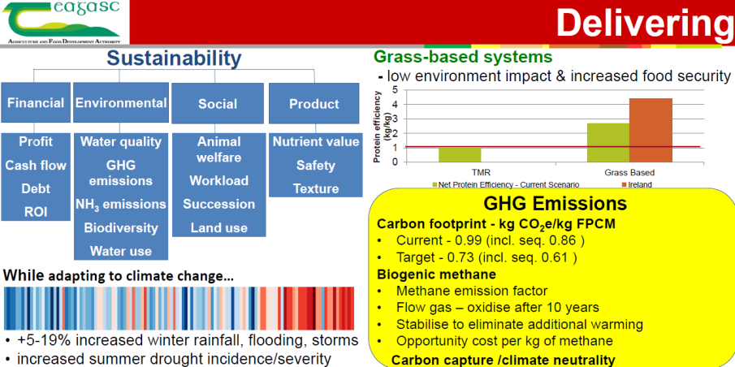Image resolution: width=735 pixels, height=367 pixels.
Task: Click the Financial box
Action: point(36,102)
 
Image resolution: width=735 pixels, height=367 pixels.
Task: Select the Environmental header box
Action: point(121,102)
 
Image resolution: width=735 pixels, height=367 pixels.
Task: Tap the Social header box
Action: point(218,104)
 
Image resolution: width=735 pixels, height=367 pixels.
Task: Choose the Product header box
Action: point(314,104)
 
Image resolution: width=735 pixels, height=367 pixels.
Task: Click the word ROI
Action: point(36,213)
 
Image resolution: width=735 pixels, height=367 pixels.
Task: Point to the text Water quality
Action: point(121,141)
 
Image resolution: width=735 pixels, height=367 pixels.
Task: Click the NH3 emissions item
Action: point(121,205)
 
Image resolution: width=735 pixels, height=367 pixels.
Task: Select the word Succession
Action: point(219,205)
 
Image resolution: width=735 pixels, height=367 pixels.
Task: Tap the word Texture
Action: point(315,189)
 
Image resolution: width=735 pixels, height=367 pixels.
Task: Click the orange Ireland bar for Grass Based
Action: point(651,131)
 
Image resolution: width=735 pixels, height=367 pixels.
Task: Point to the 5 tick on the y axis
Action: point(394,89)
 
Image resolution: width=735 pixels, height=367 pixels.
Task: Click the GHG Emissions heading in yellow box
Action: point(555,205)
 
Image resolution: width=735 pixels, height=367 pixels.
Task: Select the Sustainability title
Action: point(174,59)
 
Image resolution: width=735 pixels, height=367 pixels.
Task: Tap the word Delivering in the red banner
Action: point(645,23)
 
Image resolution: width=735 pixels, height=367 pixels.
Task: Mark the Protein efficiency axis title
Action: point(381,127)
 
